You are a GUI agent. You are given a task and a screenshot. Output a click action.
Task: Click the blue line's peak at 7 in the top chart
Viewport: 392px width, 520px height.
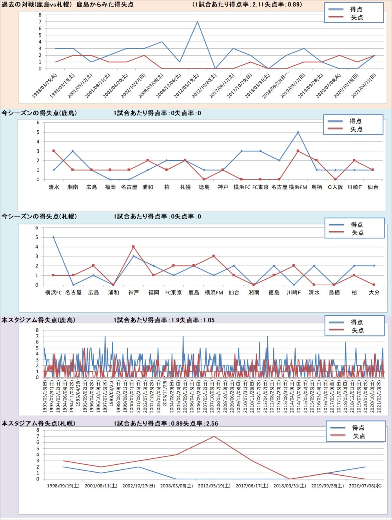tap(197, 22)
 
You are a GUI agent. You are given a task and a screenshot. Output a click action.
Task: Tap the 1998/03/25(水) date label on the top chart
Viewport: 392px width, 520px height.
tap(45, 86)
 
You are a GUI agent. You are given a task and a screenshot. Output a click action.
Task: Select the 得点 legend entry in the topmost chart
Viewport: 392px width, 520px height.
tap(356, 9)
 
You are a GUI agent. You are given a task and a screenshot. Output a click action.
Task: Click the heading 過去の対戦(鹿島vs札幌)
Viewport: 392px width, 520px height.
tap(37, 5)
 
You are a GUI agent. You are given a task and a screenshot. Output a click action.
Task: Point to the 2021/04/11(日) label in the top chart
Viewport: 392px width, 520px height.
tap(365, 86)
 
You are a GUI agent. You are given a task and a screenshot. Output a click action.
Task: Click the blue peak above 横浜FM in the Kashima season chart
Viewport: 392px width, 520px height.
tap(298, 132)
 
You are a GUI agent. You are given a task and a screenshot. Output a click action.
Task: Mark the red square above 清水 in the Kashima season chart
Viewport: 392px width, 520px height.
tap(54, 151)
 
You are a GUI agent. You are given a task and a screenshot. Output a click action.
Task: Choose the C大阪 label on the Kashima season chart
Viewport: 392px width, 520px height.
tap(335, 187)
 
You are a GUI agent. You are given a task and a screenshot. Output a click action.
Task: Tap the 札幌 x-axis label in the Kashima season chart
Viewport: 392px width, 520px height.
tap(185, 187)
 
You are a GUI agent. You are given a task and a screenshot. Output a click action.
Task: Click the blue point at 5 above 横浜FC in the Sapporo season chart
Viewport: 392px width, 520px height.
tap(53, 237)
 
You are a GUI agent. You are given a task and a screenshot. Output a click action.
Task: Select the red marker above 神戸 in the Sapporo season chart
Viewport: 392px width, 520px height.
tap(134, 247)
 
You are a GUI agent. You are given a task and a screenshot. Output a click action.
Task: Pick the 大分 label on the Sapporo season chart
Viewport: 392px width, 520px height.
tap(374, 293)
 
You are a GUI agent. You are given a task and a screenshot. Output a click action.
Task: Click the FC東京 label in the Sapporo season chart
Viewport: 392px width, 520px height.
tap(174, 293)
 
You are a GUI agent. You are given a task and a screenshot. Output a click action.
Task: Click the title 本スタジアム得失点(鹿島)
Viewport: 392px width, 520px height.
tap(38, 320)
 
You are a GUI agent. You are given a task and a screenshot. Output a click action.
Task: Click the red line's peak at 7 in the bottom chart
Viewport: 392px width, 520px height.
tap(214, 436)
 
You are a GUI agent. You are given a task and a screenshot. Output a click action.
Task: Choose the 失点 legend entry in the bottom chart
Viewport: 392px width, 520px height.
tap(359, 436)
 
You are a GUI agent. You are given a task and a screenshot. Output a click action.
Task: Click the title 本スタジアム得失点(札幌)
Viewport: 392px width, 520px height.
tap(38, 424)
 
